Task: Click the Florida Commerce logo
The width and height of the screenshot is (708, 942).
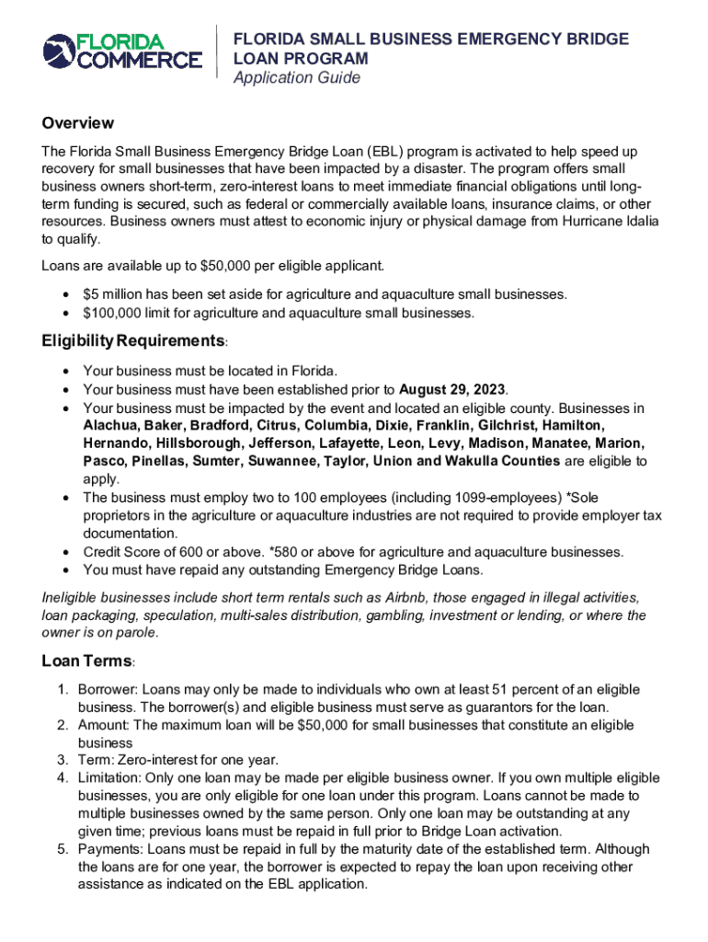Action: [x=122, y=52]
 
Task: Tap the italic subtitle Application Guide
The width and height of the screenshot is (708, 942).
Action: [x=296, y=78]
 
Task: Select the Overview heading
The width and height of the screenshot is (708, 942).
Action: [x=77, y=123]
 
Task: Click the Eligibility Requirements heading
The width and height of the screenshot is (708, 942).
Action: [x=133, y=341]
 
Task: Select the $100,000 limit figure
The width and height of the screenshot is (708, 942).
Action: [x=114, y=313]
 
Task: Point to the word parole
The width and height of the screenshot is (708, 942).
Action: [x=138, y=633]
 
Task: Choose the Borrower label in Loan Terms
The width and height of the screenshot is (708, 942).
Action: [x=107, y=690]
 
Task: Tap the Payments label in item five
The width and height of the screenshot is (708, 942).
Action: [x=110, y=850]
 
